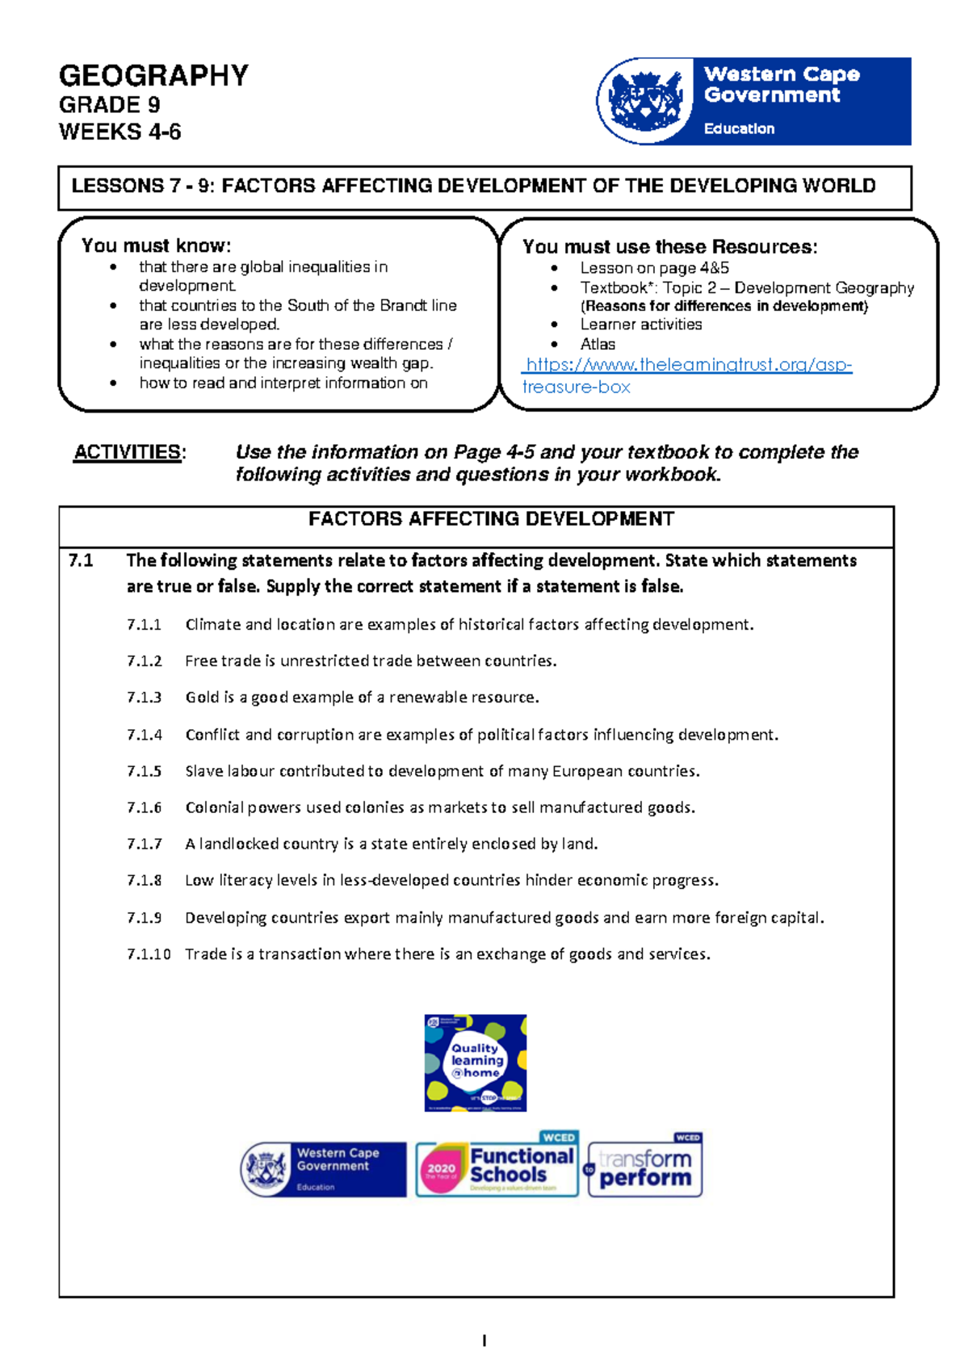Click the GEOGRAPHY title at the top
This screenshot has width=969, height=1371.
pos(153,76)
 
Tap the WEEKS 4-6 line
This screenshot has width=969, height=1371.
pos(120,132)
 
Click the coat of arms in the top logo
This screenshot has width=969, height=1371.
pos(644,101)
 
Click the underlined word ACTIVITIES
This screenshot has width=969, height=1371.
pos(127,452)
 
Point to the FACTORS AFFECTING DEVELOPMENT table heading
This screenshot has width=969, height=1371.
pos(491,519)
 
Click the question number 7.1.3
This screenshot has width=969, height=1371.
pos(144,698)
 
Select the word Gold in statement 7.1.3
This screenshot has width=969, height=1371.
pos(202,698)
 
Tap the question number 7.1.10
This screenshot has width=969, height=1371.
pos(149,954)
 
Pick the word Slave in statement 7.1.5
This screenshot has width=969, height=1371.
pos(203,771)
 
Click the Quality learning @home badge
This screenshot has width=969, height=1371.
pos(476,1063)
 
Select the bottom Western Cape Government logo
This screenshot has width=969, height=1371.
pos(324,1169)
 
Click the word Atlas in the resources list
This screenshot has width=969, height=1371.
pos(598,344)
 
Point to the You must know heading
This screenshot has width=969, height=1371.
pos(156,245)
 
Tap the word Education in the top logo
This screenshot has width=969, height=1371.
pos(739,128)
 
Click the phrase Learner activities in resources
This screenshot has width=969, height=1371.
pos(641,325)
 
